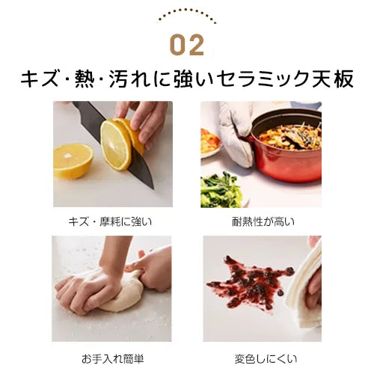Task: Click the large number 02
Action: pos(187,45)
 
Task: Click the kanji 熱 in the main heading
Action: pos(85,79)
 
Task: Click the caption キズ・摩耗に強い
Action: pos(110,221)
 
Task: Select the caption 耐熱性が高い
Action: pos(263,221)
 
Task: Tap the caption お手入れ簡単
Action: pos(112,359)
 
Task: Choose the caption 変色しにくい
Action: pos(266,359)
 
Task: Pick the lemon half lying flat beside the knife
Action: pos(73,161)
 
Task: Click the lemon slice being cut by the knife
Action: pos(115,144)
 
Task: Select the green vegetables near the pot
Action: pos(221,191)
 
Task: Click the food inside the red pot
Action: pos(290,137)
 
